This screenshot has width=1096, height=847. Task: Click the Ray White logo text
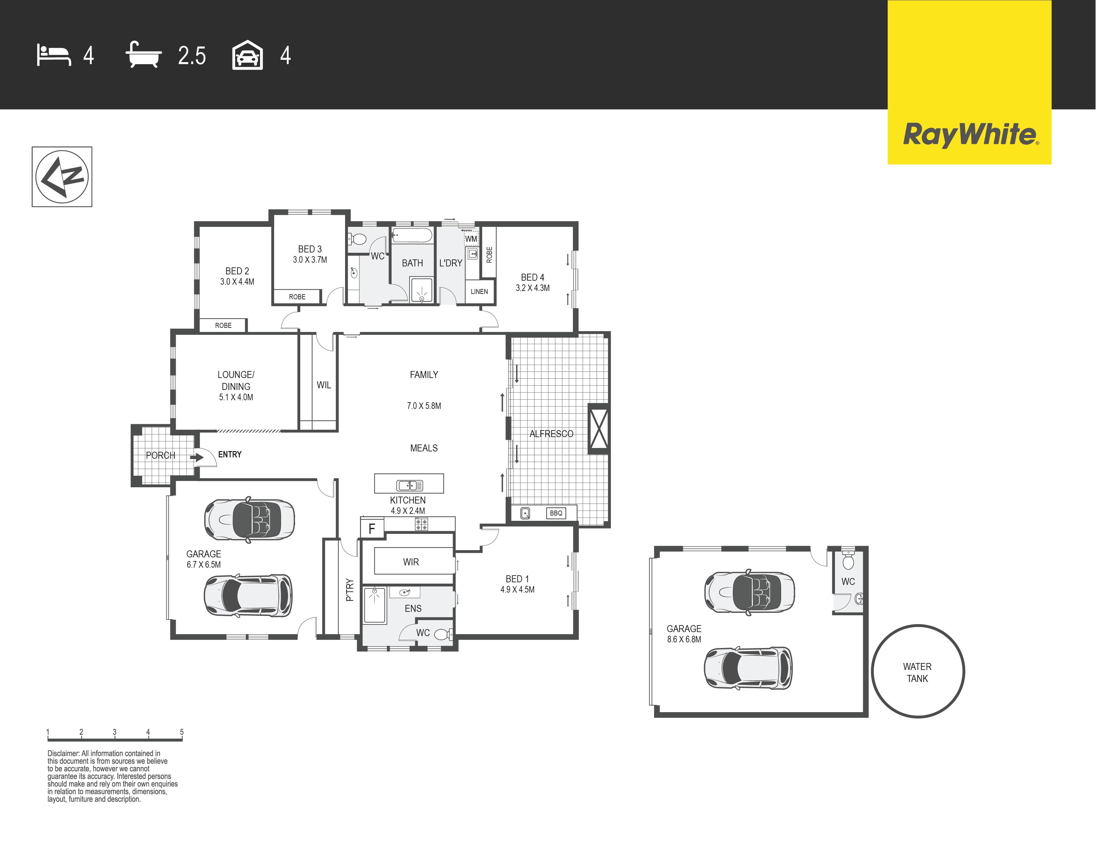click(x=970, y=135)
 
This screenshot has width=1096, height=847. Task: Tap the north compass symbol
click(x=62, y=177)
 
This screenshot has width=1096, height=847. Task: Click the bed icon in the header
click(x=54, y=55)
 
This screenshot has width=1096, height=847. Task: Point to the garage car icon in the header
click(x=247, y=55)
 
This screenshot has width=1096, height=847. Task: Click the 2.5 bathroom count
click(x=192, y=56)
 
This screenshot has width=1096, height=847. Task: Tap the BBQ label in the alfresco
click(x=556, y=513)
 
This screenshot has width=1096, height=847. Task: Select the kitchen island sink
click(x=410, y=485)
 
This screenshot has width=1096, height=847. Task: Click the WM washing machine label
click(x=471, y=239)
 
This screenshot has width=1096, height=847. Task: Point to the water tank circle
click(x=918, y=671)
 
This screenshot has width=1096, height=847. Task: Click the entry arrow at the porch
click(x=197, y=457)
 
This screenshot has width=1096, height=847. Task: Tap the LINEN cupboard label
click(x=479, y=292)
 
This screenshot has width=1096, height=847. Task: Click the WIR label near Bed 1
click(x=411, y=562)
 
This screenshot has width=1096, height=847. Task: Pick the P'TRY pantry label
click(x=350, y=590)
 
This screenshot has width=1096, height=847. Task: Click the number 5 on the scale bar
click(x=182, y=732)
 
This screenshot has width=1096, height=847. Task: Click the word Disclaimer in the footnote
click(x=63, y=753)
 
